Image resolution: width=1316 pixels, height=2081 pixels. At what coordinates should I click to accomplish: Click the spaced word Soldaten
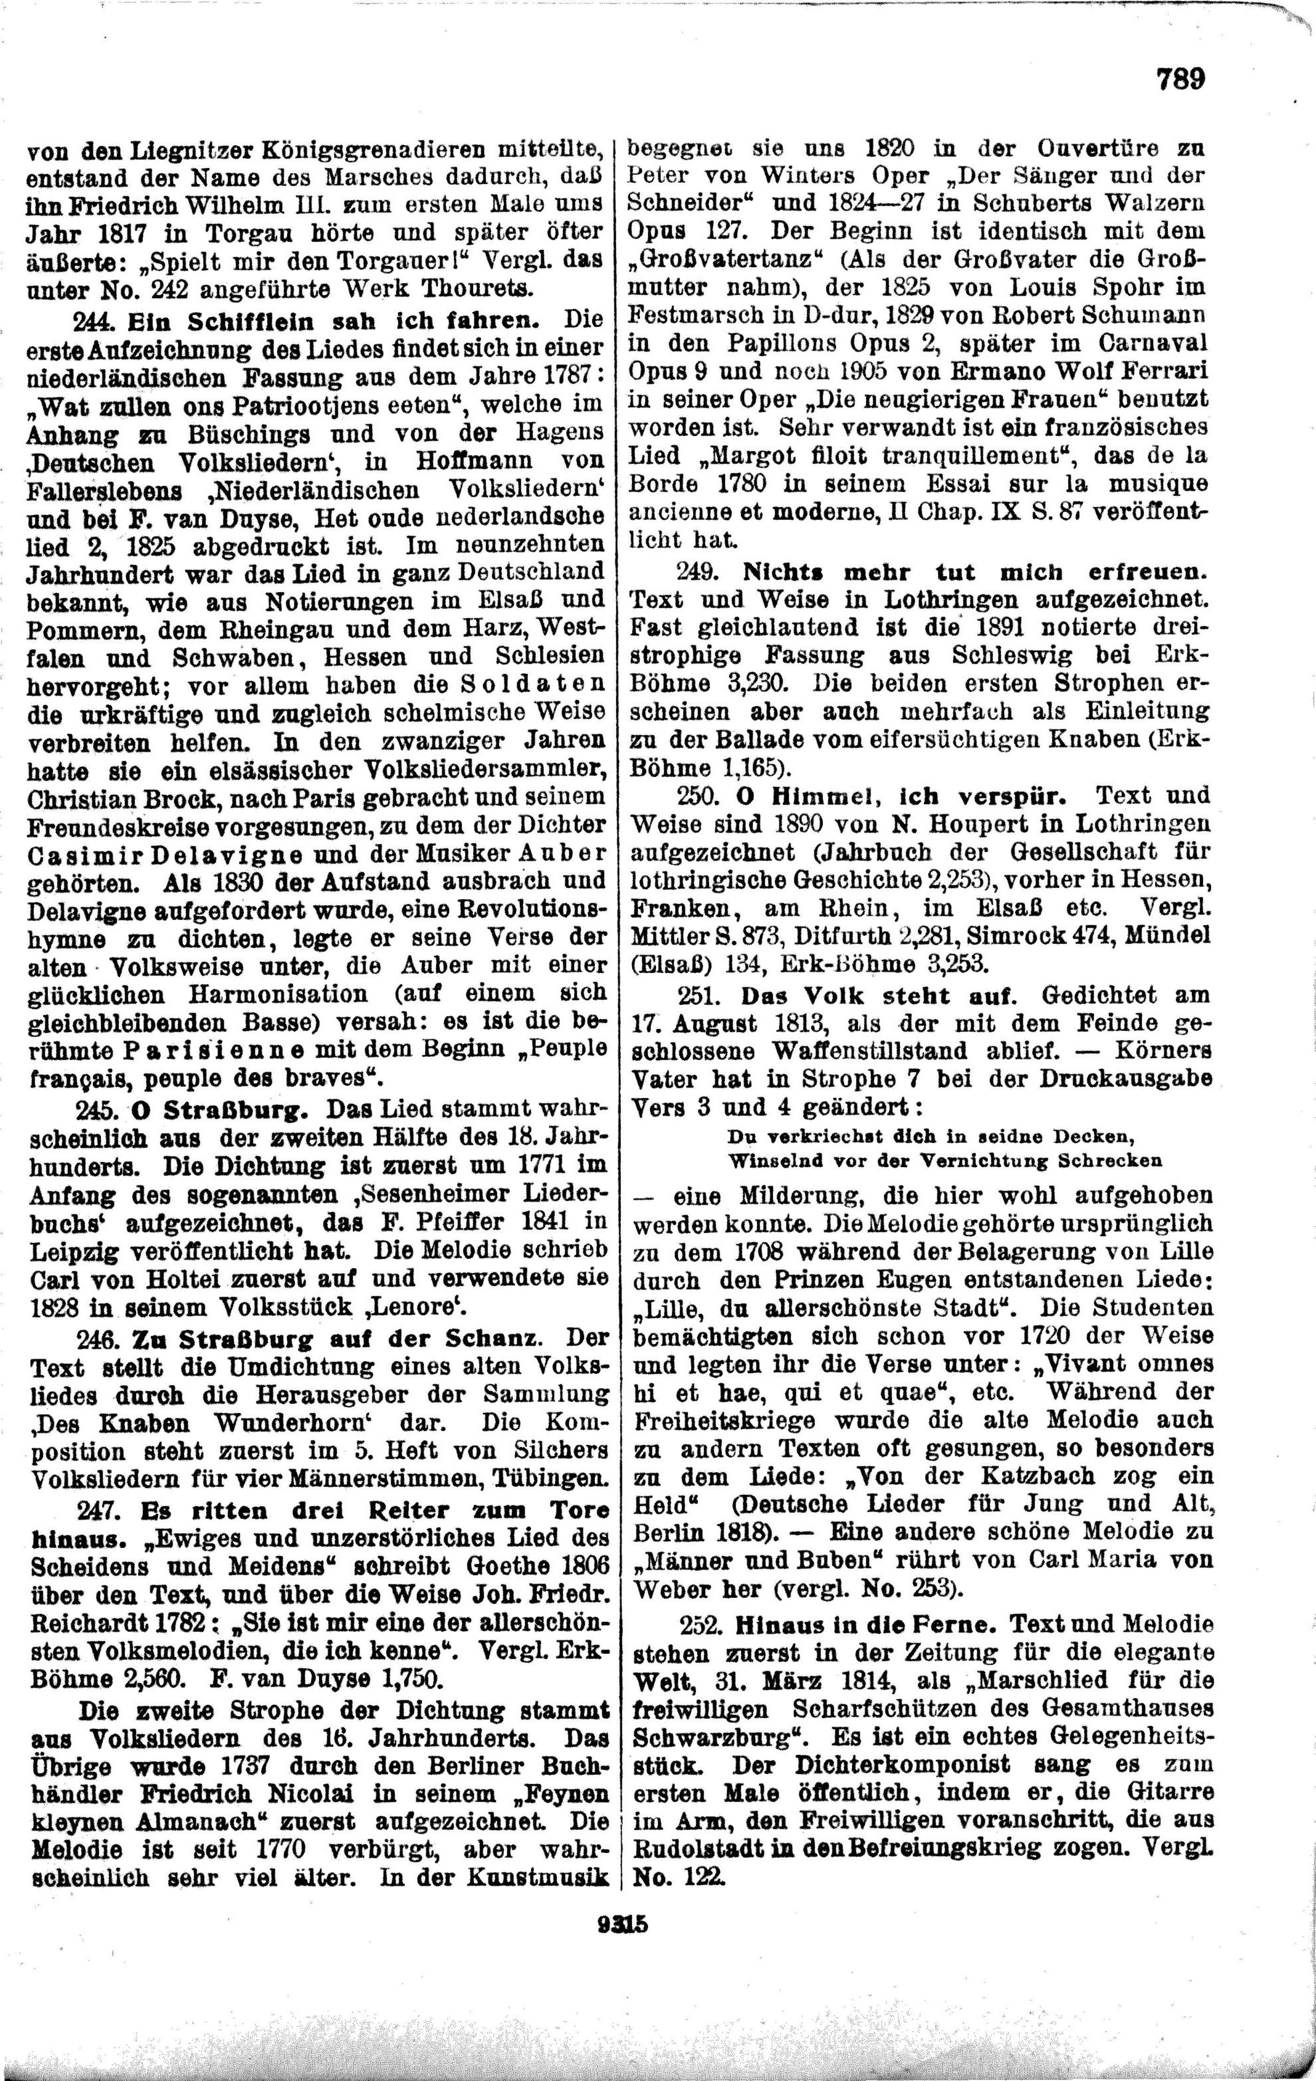(533, 685)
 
